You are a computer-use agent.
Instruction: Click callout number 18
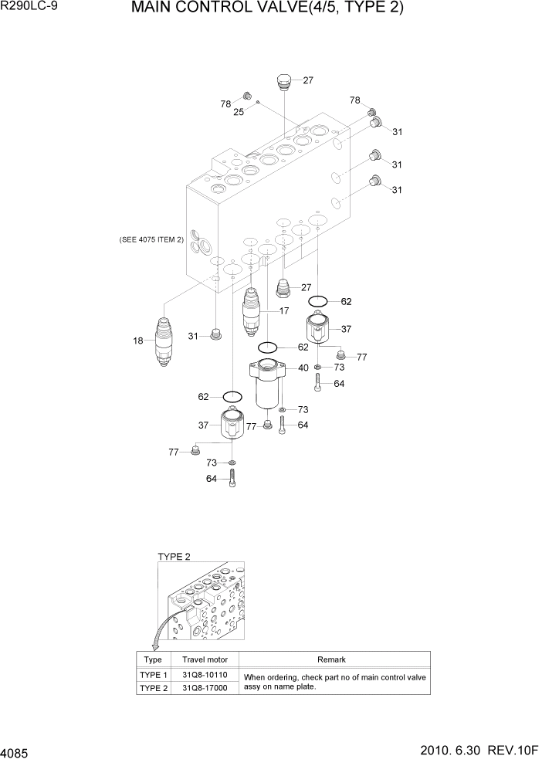pos(139,340)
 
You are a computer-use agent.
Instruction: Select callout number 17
pos(284,311)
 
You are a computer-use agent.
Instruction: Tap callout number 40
pos(303,368)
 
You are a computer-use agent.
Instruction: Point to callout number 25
pos(239,112)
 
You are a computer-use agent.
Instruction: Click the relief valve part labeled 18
pos(163,341)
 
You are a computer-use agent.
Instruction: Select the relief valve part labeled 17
pos(252,310)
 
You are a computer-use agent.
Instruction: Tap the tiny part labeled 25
pos(258,102)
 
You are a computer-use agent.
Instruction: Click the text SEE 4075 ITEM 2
pos(151,240)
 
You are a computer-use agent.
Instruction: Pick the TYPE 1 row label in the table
pos(153,675)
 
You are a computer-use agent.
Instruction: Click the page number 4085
pos(17,751)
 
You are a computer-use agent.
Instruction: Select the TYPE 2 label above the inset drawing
pos(174,556)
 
